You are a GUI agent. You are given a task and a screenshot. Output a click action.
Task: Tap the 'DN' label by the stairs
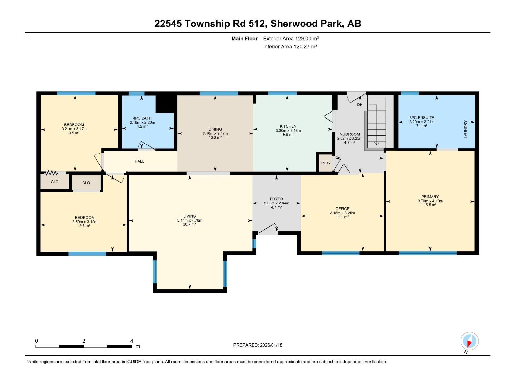tap(360, 105)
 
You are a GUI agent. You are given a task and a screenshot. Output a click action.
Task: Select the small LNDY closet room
tap(325, 163)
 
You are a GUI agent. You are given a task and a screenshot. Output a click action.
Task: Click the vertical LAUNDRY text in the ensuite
tap(465, 129)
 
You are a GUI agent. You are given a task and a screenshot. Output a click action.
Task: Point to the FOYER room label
tap(276, 199)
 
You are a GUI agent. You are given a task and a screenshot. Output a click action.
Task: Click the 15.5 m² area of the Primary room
tap(430, 205)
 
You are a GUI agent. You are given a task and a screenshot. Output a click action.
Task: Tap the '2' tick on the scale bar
tap(84, 341)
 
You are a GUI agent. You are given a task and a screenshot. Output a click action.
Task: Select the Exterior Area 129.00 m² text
tap(291, 38)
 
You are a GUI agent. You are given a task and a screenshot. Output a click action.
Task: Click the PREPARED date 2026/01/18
tap(258, 345)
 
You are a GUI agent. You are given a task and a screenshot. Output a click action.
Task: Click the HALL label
tap(139, 161)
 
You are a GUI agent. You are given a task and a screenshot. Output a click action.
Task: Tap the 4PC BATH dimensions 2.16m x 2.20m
tap(142, 123)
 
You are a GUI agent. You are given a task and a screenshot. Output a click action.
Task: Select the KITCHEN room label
tap(288, 126)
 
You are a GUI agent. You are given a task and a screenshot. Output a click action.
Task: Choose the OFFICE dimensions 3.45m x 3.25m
tap(342, 213)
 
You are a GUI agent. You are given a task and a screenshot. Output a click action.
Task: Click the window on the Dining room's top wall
tap(219, 94)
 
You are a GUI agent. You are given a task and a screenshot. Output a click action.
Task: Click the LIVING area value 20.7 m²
tap(189, 224)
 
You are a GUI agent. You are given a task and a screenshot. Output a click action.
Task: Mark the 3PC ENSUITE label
tap(422, 118)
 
